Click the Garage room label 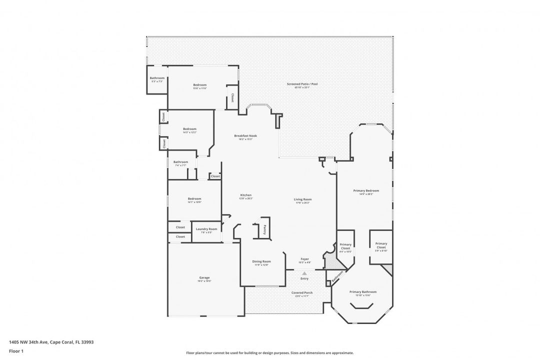click(204, 277)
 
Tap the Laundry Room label click(206, 229)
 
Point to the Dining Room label click(261, 261)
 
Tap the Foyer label click(305, 259)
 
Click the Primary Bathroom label click(363, 292)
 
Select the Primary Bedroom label click(366, 190)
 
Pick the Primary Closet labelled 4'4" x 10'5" click(345, 246)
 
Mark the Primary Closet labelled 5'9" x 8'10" click(381, 245)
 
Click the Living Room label click(302, 199)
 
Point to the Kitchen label click(246, 195)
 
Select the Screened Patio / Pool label click(302, 84)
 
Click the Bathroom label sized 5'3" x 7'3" click(157, 78)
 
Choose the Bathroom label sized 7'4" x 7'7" click(180, 162)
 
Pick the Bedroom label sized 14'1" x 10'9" click(194, 198)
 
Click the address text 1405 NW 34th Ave click(29, 342)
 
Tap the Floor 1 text click(16, 351)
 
